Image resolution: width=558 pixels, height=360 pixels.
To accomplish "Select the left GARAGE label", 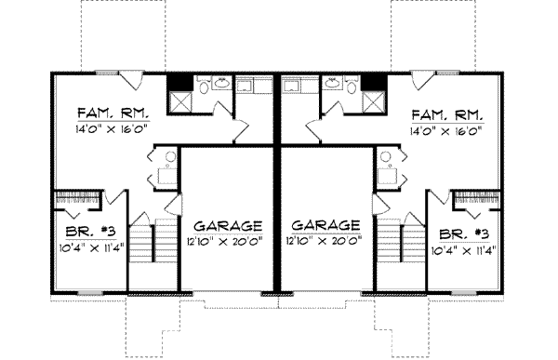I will [228, 226].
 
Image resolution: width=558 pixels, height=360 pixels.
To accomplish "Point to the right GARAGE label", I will [325, 226].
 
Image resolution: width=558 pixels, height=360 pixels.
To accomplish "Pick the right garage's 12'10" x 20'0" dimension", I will [325, 241].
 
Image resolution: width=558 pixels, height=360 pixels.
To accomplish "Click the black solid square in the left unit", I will [176, 82].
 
